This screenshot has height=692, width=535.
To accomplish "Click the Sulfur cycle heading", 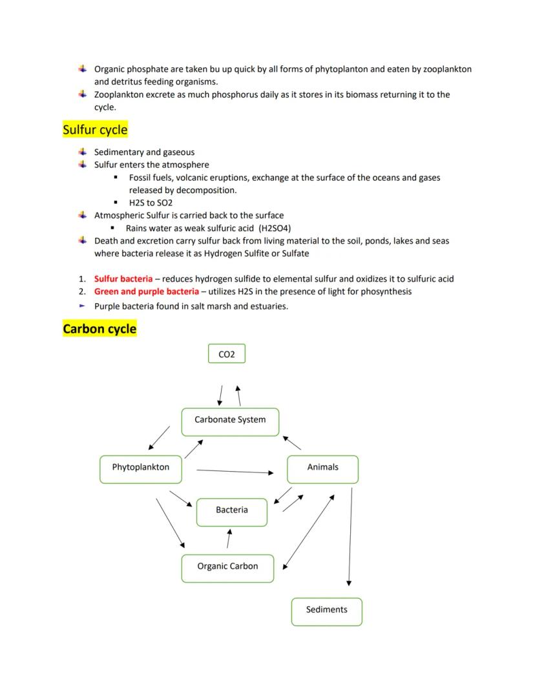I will [95, 130].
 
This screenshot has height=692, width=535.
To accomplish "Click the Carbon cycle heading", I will [100, 329].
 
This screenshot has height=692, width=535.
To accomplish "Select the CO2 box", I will [227, 354].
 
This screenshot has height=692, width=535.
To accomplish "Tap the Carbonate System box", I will [230, 420].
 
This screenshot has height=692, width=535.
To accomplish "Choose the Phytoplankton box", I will [140, 468].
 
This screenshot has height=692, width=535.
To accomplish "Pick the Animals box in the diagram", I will [322, 468].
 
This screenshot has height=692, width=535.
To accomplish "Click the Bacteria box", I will [231, 510].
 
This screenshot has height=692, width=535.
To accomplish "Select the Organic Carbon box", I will [227, 567].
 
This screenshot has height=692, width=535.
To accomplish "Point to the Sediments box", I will [326, 610].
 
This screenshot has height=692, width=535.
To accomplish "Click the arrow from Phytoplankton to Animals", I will [235, 471].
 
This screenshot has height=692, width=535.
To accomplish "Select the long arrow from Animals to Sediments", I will [350, 536].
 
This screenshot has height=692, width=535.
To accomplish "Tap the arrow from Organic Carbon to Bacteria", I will [229, 538].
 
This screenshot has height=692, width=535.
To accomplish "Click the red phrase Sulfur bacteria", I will [123, 279].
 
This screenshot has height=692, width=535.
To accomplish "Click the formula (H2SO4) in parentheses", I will [275, 229].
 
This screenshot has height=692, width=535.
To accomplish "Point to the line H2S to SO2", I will [151, 203].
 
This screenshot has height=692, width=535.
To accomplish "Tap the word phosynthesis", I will [380, 291].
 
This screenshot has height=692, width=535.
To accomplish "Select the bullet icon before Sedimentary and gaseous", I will [82, 152].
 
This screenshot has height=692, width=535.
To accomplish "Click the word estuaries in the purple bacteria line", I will [267, 306].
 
